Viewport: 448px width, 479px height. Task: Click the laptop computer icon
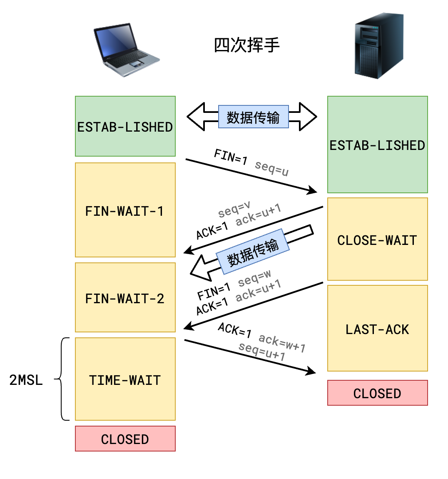[126, 50]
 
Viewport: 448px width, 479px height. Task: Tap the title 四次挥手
[246, 45]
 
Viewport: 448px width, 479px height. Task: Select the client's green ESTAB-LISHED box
[125, 126]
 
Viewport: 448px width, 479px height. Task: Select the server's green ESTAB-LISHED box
[377, 145]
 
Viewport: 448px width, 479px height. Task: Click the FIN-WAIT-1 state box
[125, 210]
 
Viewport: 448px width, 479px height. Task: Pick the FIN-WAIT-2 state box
[125, 297]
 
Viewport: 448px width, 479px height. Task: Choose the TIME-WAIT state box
[125, 379]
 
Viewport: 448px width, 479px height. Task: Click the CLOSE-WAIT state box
[377, 239]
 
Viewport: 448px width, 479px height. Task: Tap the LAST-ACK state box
[377, 328]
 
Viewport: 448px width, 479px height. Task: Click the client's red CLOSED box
[125, 439]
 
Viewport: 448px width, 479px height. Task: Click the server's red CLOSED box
[377, 393]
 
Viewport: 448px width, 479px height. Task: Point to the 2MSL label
[26, 380]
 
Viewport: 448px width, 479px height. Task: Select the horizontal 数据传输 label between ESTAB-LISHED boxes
[253, 117]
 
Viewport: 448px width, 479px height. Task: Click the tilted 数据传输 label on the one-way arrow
[253, 252]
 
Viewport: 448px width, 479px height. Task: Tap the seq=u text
[271, 168]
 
